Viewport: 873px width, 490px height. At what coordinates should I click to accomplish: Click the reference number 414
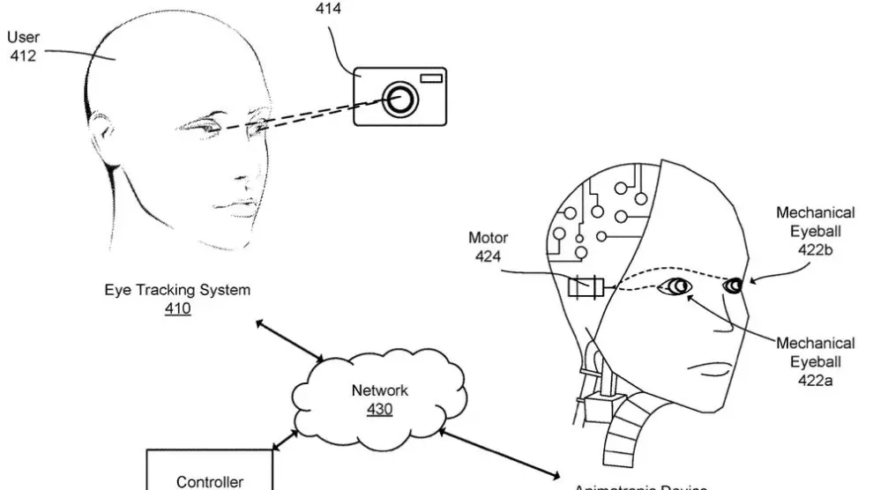pos(327,9)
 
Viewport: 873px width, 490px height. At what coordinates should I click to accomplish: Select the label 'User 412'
pos(23,46)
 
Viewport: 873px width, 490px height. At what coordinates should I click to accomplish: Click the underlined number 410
pos(177,308)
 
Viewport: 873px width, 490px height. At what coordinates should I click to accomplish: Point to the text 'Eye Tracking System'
pos(177,289)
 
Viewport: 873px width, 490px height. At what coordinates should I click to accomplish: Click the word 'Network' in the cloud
pos(380,390)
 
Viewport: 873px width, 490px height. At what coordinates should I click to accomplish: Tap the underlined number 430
pos(379,410)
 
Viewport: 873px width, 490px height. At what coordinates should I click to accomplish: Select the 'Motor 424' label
pos(488,248)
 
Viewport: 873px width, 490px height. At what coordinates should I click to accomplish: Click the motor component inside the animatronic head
pos(586,286)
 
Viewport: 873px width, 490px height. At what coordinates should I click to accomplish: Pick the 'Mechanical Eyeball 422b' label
pos(815,231)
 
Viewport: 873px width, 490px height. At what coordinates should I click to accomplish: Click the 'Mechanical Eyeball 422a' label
pos(815,361)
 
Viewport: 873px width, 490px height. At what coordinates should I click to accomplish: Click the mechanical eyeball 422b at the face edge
pos(734,285)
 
